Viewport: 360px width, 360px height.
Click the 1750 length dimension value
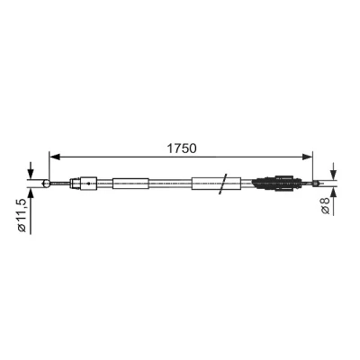[181, 148]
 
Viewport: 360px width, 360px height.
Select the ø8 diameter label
[325, 206]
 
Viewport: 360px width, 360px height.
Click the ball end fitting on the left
[46, 184]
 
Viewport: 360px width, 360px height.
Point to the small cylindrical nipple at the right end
[315, 184]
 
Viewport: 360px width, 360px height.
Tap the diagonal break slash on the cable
[223, 184]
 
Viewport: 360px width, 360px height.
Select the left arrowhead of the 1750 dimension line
[55, 157]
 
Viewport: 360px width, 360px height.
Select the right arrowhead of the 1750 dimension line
[306, 157]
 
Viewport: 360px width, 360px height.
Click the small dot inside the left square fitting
[88, 184]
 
